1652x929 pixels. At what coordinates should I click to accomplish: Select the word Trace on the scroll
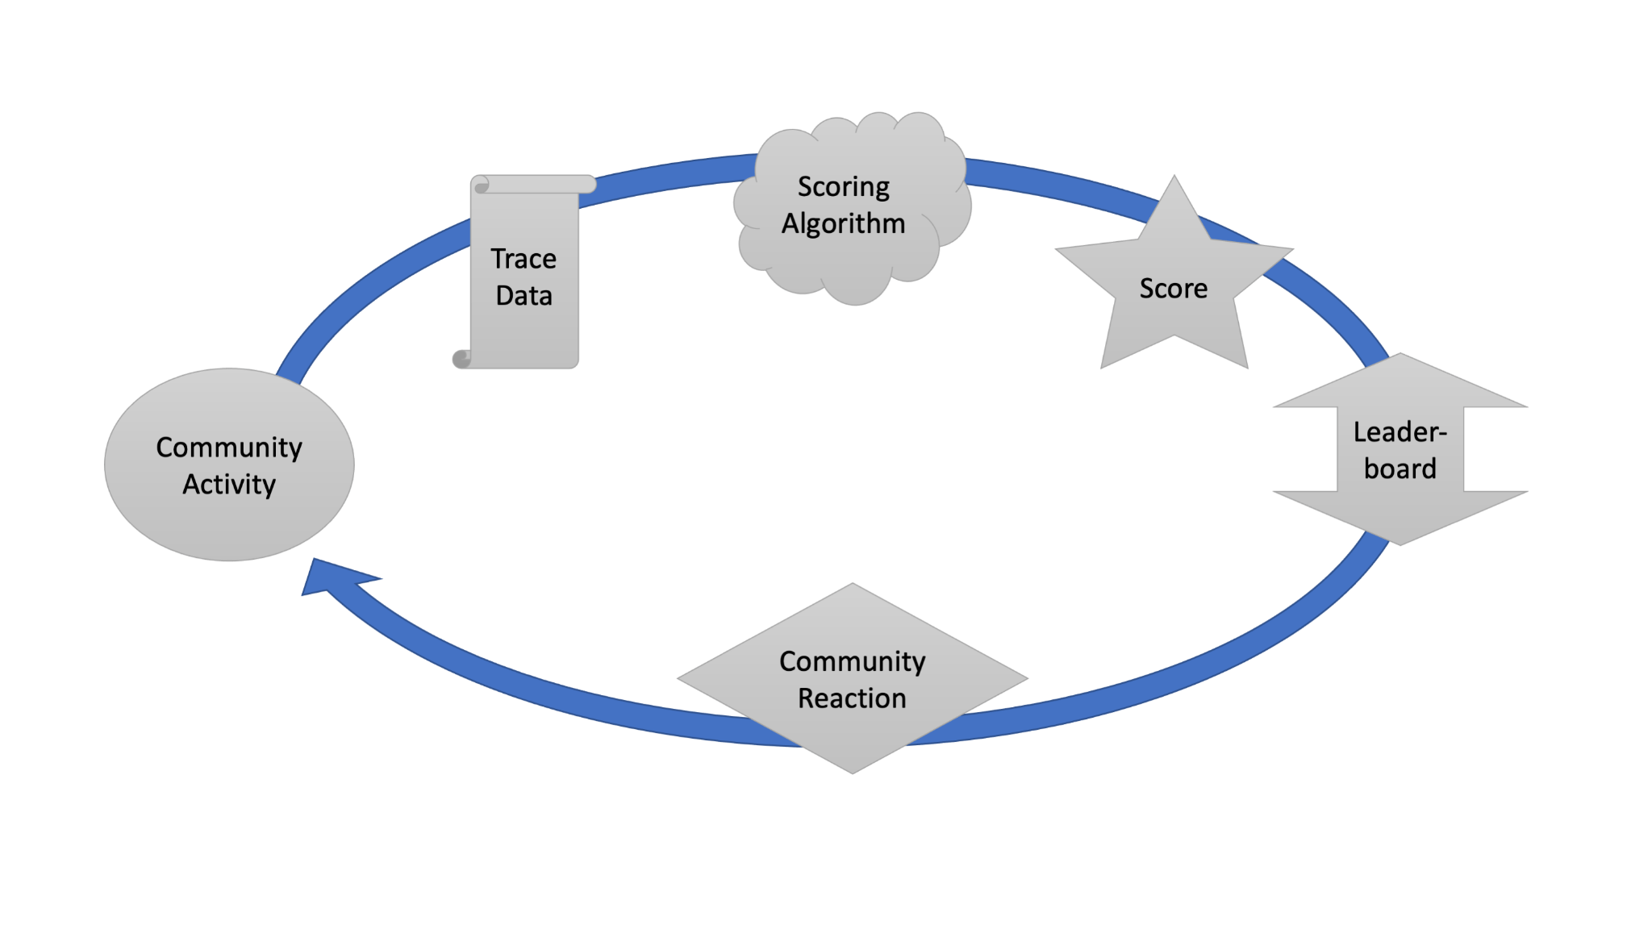[524, 259]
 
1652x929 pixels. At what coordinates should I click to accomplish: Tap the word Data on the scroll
[524, 296]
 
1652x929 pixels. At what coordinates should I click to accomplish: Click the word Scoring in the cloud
[843, 187]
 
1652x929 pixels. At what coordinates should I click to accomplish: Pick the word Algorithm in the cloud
[843, 223]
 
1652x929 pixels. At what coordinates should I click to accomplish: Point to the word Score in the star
[1173, 289]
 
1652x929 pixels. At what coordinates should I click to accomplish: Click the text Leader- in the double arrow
[1400, 432]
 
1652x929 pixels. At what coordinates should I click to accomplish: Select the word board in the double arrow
[1400, 469]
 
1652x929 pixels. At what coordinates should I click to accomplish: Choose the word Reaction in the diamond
[852, 698]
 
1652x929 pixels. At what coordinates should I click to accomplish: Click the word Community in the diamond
[852, 662]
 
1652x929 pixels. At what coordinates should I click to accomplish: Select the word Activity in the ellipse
[229, 485]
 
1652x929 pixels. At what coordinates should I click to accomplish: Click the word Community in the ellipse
[229, 448]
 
